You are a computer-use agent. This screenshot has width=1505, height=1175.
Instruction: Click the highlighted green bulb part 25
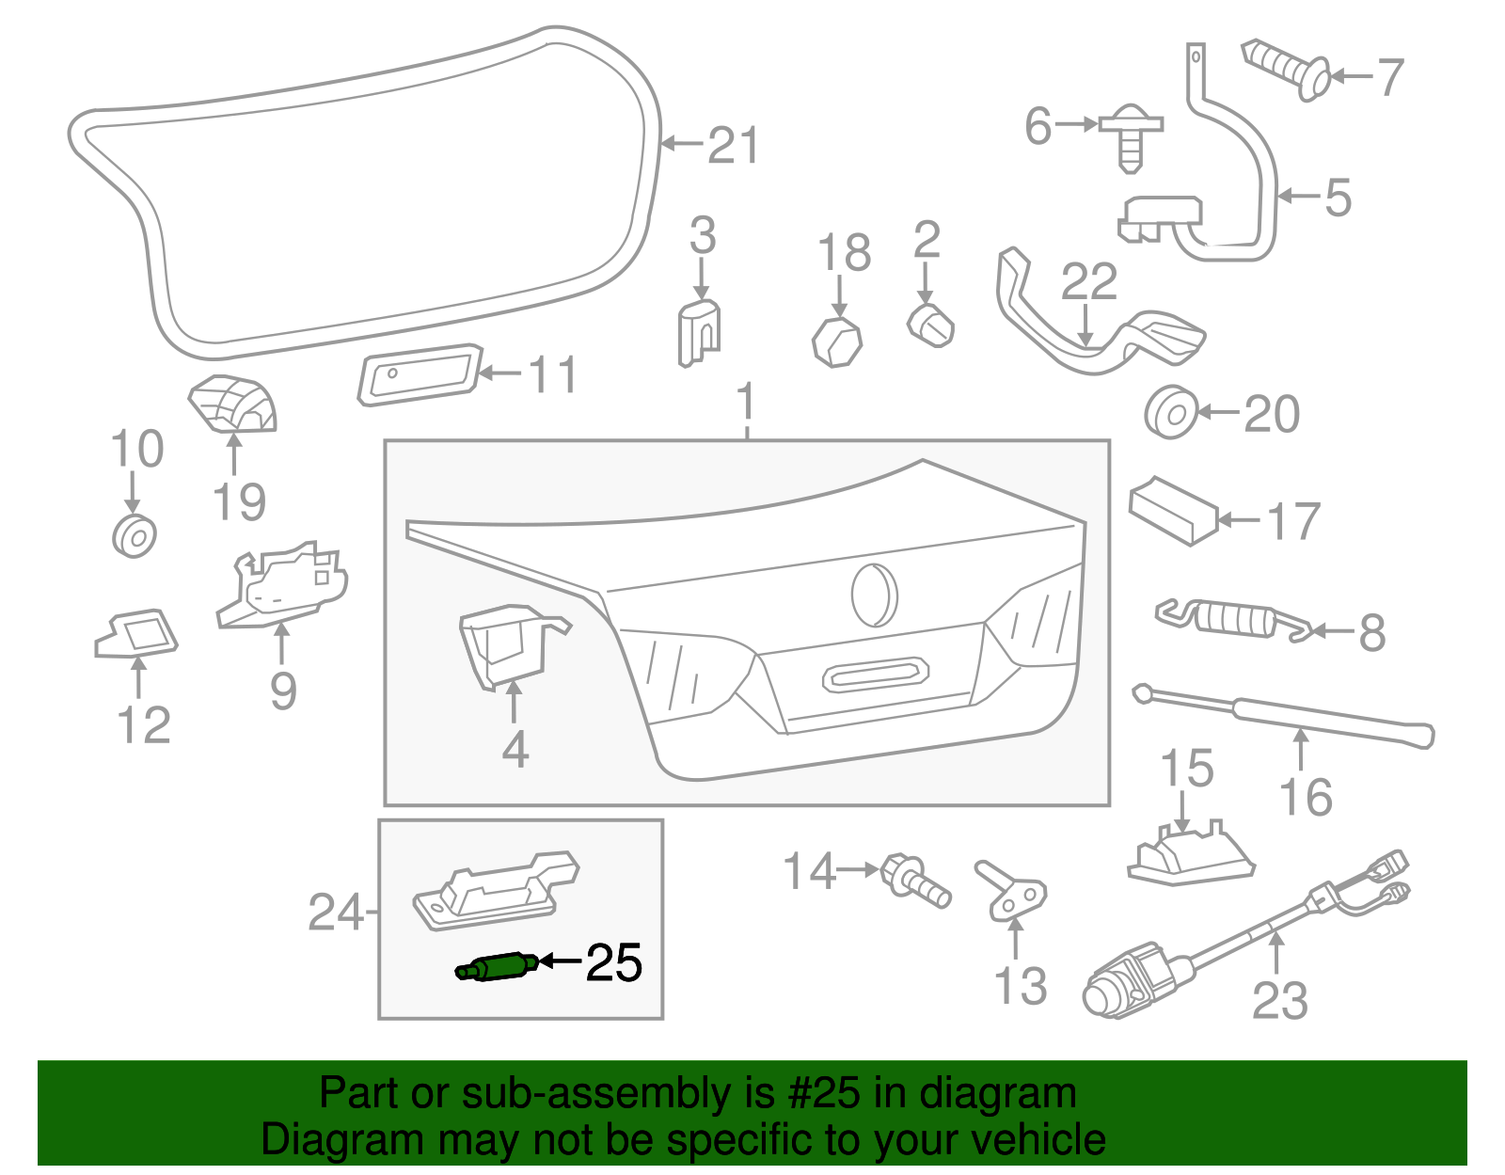click(496, 966)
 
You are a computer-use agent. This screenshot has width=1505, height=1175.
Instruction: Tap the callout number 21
click(733, 146)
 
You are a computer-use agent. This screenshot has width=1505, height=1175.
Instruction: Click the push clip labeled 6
click(1131, 138)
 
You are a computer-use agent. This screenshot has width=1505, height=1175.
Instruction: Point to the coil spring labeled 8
click(1233, 619)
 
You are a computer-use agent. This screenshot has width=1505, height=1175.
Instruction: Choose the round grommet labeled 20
click(1170, 412)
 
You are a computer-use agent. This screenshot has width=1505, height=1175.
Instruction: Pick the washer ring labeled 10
click(135, 535)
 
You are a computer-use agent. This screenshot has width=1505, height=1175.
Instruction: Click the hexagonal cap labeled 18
click(837, 341)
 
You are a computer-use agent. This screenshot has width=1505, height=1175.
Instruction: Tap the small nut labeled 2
click(931, 326)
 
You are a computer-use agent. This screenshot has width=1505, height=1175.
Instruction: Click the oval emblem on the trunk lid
click(874, 595)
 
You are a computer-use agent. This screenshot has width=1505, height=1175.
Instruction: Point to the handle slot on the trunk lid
click(876, 675)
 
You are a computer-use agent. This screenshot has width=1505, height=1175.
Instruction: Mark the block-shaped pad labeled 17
click(1173, 510)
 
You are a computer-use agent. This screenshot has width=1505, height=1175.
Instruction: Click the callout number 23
click(1280, 1001)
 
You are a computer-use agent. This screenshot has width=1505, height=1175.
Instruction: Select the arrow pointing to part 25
click(560, 961)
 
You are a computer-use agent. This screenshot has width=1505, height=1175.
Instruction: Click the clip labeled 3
click(699, 332)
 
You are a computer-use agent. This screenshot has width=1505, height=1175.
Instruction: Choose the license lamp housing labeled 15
click(1191, 854)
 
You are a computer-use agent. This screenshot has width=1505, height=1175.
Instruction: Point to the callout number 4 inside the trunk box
click(515, 749)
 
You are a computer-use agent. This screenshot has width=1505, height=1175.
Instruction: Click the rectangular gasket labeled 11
click(420, 374)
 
